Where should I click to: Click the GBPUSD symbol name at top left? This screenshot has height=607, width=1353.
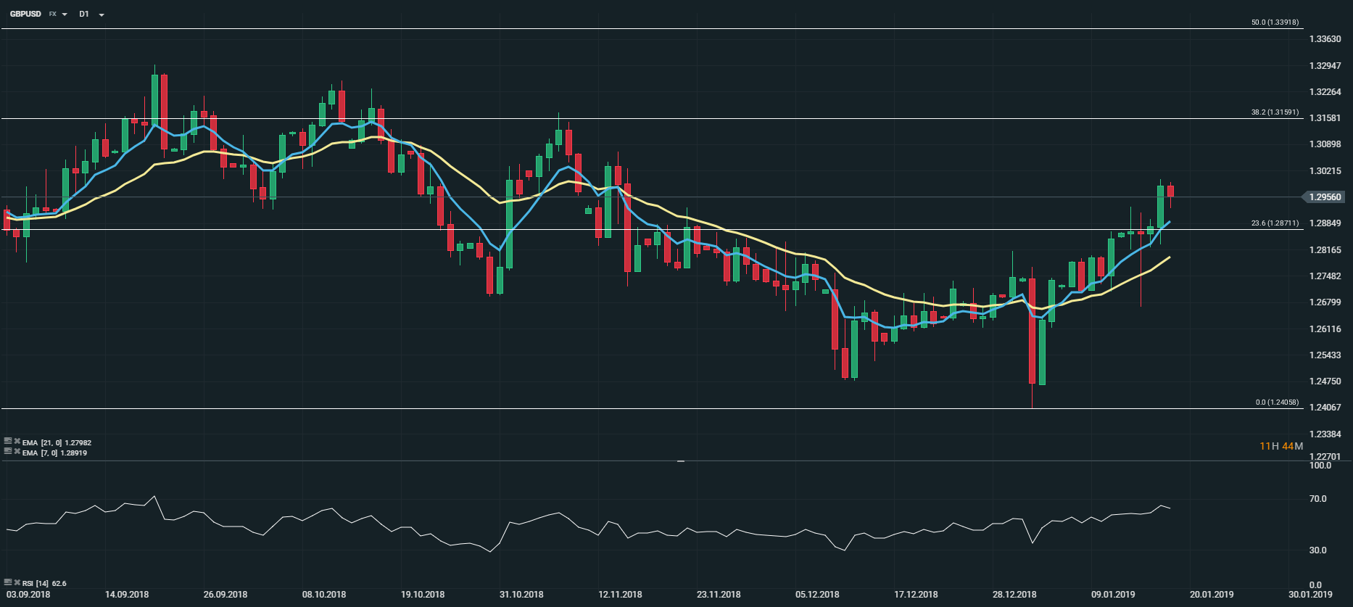point(25,14)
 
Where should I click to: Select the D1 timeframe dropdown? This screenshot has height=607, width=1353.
point(91,14)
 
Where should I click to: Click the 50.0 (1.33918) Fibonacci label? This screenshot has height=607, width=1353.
point(1275,22)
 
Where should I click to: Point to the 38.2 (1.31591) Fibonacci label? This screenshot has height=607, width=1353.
point(1275,112)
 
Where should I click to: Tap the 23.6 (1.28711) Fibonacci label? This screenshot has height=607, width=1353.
point(1275,223)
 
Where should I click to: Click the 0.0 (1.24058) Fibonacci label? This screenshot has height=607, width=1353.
point(1277,402)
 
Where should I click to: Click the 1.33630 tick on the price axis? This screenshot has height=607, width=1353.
point(1325,39)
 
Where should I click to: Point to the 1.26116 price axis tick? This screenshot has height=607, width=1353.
point(1325,329)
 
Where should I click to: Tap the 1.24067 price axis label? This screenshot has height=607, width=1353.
point(1325,408)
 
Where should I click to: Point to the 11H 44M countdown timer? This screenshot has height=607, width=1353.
point(1281,446)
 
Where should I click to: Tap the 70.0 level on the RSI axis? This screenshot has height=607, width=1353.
point(1317,499)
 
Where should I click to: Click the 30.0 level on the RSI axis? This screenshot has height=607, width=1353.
point(1317,550)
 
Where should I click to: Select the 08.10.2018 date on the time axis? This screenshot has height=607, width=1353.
point(324,595)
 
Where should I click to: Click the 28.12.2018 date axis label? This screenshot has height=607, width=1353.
point(1014,595)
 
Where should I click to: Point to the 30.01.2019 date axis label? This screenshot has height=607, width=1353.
point(1310,595)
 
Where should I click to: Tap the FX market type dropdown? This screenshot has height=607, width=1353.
point(57,14)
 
